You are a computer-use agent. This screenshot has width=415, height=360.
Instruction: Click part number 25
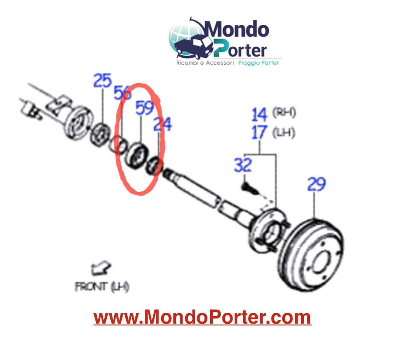point(102,81)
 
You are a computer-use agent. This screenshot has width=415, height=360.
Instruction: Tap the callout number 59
point(144,108)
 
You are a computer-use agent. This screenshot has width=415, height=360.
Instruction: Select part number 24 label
point(163,124)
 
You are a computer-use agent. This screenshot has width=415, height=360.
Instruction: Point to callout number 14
point(259,114)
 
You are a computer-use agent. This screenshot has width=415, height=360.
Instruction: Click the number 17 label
point(259,132)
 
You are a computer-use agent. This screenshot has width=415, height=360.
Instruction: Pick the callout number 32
point(243,165)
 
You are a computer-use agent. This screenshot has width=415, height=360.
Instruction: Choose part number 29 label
point(317,184)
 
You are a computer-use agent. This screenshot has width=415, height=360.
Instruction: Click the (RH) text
point(284,112)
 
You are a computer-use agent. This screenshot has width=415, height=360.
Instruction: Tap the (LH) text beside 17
point(284,132)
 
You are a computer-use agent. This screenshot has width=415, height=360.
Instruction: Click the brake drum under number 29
point(311,255)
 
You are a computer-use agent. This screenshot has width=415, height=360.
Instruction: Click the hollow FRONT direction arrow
point(100,268)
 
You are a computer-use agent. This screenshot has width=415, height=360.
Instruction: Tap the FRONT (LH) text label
point(102,286)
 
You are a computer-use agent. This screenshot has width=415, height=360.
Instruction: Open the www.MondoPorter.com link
point(203,317)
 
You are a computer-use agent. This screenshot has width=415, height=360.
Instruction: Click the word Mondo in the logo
point(236,29)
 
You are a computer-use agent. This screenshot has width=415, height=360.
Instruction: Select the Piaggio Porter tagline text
point(259,63)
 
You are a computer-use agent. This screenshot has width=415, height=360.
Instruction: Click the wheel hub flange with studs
point(269,230)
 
